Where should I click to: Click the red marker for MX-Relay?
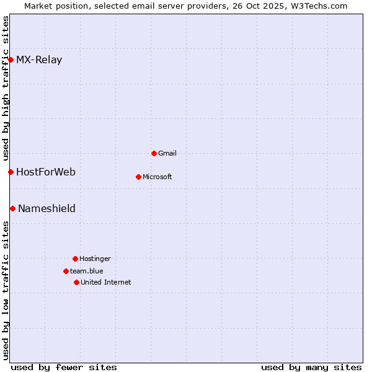point(11,60)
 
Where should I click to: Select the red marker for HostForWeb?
point(11,172)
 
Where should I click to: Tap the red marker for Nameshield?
point(12,208)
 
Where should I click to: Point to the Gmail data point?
point(154,153)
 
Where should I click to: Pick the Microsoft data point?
point(138,177)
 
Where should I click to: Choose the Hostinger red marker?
point(75,259)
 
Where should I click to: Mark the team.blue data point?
point(66,271)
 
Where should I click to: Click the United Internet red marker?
point(76,282)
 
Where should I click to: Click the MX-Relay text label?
point(39,60)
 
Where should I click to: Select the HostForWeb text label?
point(46,172)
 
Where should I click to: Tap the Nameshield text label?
point(46,208)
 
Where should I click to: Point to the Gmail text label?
point(167,153)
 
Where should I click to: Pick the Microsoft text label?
point(157,177)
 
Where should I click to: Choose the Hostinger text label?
point(95,259)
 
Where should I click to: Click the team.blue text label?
point(87,271)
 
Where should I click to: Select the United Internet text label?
point(106,282)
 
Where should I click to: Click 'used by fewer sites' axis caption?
point(64,367)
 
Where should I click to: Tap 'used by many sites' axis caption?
point(311,367)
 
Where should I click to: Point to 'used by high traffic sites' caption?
point(6,87)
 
